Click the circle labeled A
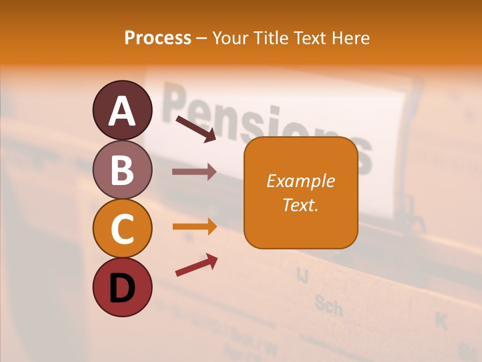[x=122, y=110]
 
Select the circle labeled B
[x=122, y=169]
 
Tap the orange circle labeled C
[x=122, y=228]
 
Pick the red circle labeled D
[x=122, y=287]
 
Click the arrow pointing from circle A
[x=196, y=129]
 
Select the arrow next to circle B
[x=194, y=172]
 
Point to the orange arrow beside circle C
[x=194, y=227]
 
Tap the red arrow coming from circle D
[x=196, y=264]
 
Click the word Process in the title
[x=158, y=38]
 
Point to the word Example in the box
[x=300, y=181]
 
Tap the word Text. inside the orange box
[x=300, y=205]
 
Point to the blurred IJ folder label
[x=302, y=274]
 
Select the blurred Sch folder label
[x=328, y=305]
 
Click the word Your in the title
[x=230, y=38]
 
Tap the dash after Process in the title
[x=201, y=38]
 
